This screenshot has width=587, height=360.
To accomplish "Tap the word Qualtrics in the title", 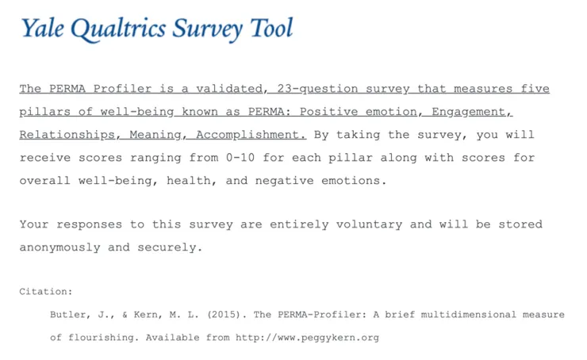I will click(110, 29).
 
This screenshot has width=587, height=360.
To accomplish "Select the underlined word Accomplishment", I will click(251, 135).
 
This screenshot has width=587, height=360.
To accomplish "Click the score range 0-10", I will click(241, 158).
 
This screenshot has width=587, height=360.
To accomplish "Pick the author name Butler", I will click(69, 314).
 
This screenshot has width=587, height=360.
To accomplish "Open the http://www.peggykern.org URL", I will click(307, 337).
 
